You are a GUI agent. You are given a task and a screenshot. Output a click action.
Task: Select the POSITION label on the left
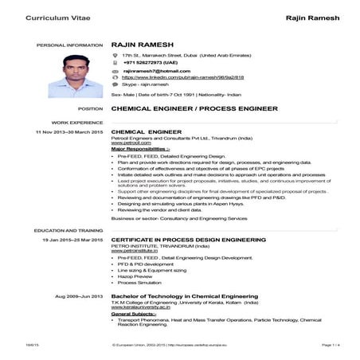91,107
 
